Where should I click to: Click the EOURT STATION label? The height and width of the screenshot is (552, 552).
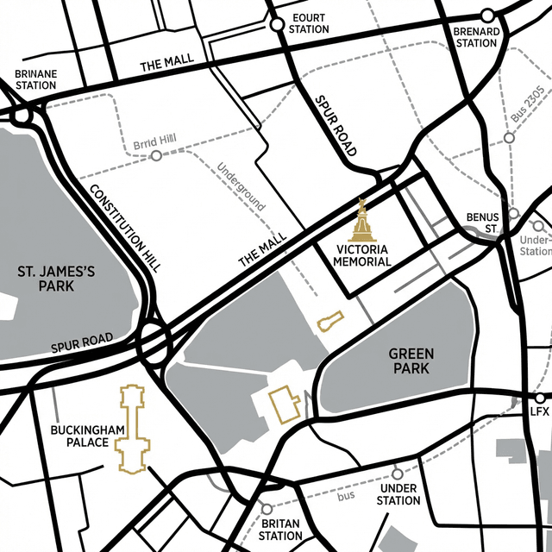309,23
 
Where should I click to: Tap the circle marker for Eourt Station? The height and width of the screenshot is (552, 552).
277,25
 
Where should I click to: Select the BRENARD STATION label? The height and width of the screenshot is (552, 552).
476,37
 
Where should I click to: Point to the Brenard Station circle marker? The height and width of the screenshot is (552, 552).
487,16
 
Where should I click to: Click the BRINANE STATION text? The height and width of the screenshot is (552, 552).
35,80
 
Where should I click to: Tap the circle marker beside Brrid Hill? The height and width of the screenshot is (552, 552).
156,156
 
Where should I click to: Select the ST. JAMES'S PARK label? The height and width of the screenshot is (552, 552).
56,279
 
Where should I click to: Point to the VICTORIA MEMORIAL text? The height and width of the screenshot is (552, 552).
363,255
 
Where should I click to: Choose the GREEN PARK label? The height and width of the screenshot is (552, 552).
411,361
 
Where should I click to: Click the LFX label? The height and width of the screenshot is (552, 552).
540,412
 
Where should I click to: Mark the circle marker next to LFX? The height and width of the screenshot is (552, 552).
540,398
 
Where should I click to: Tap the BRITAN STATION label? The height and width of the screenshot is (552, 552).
280,530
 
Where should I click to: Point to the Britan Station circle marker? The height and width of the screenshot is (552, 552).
267,509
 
